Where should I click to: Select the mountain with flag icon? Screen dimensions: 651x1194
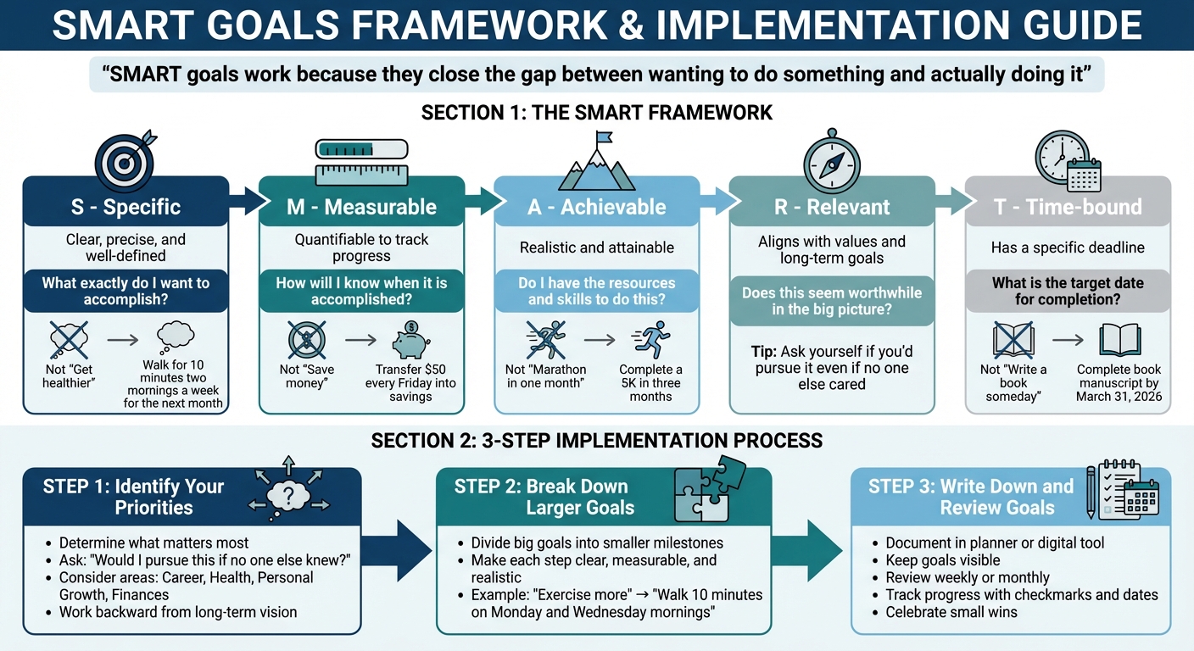pyautogui.click(x=596, y=161)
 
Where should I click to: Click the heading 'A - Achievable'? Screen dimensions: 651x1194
pyautogui.click(x=596, y=207)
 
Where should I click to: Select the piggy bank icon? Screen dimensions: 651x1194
pyautogui.click(x=410, y=342)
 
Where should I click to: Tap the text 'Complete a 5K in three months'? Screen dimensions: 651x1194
pyautogui.click(x=650, y=382)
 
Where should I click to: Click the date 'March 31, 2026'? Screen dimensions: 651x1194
pyautogui.click(x=1118, y=396)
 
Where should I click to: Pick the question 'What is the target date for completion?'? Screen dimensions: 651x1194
pyautogui.click(x=1067, y=291)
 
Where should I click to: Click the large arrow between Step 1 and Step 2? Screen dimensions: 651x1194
pyautogui.click(x=399, y=552)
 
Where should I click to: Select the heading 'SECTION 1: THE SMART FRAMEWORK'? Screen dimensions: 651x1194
pyautogui.click(x=596, y=113)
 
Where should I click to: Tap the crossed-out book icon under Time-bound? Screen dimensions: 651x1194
pyautogui.click(x=1014, y=340)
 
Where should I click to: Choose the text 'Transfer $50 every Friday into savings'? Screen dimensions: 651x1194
pyautogui.click(x=410, y=383)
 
